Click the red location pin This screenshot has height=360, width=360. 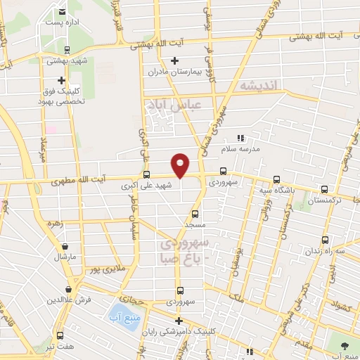tap(181, 165)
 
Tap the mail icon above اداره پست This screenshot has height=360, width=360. tap(63, 12)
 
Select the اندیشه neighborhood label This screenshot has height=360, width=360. tap(259, 85)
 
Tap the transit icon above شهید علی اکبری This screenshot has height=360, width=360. tap(146, 174)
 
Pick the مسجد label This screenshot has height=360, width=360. tap(195, 224)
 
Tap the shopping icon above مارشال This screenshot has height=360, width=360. tap(65, 247)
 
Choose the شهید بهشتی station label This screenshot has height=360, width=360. tap(66, 60)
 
